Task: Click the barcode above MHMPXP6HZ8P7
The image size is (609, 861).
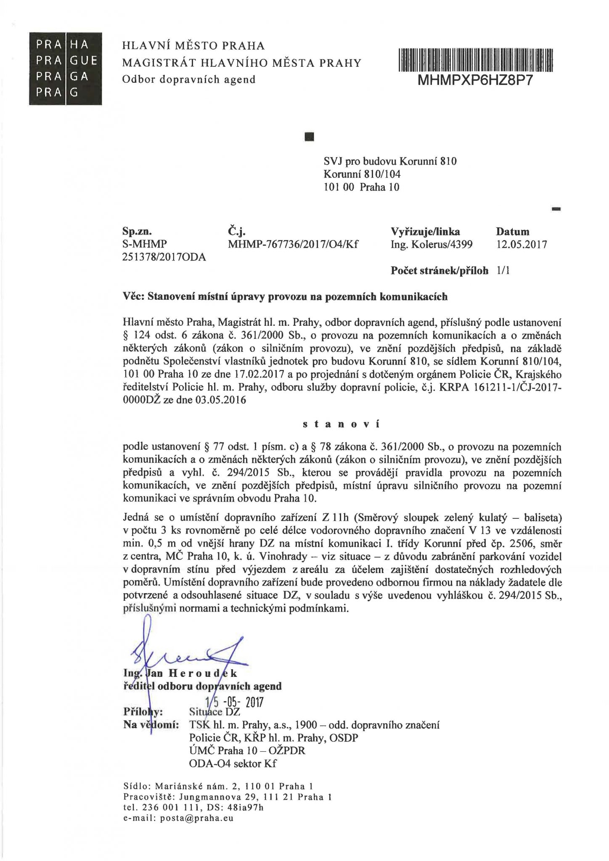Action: [x=475, y=59]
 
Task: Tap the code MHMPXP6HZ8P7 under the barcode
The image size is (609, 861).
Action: [x=475, y=80]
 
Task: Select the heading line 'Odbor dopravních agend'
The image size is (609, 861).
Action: [x=188, y=79]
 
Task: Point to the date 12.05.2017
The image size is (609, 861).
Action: [x=522, y=245]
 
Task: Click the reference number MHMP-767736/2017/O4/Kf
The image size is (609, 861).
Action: [x=293, y=245]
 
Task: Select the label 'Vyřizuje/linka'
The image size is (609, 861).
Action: [x=425, y=232]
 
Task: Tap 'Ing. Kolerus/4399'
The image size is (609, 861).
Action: [x=432, y=245]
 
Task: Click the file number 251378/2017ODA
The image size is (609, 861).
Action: [x=164, y=257]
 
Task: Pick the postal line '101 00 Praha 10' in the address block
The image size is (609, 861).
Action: [x=361, y=187]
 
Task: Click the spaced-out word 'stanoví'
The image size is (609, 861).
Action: [x=341, y=424]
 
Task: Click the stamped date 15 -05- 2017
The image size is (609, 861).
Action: [x=234, y=702]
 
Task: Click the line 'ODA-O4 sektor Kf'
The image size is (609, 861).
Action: [x=233, y=763]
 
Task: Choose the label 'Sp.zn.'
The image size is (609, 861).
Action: [x=137, y=232]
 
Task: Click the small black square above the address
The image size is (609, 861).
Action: [x=309, y=136]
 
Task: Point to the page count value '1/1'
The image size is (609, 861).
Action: [x=503, y=271]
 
